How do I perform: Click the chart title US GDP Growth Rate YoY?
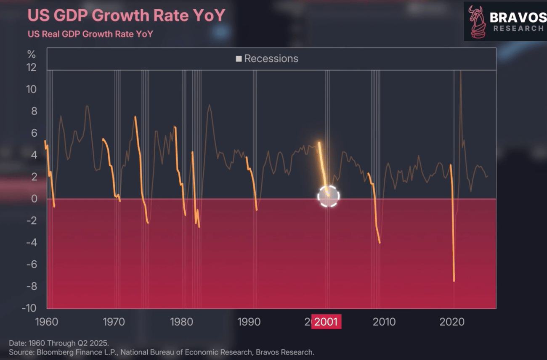point(126,16)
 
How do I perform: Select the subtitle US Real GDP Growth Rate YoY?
point(90,34)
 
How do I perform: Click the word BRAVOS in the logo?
point(517,17)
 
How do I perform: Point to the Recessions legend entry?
point(267,58)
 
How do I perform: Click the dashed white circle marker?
point(328,196)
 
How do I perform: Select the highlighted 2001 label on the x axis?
point(326,322)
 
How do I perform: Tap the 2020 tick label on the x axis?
point(452,322)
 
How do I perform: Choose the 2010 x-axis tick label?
point(384,322)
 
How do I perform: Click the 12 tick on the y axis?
point(32,68)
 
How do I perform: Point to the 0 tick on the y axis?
point(34,199)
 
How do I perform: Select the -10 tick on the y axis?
point(29,308)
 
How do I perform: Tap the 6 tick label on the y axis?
point(34,133)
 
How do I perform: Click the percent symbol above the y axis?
point(32,55)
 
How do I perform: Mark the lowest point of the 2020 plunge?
point(454,281)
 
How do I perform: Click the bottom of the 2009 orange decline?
point(380,243)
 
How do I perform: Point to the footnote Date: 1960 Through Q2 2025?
point(58,343)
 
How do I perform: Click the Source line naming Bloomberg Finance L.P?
point(161,352)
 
